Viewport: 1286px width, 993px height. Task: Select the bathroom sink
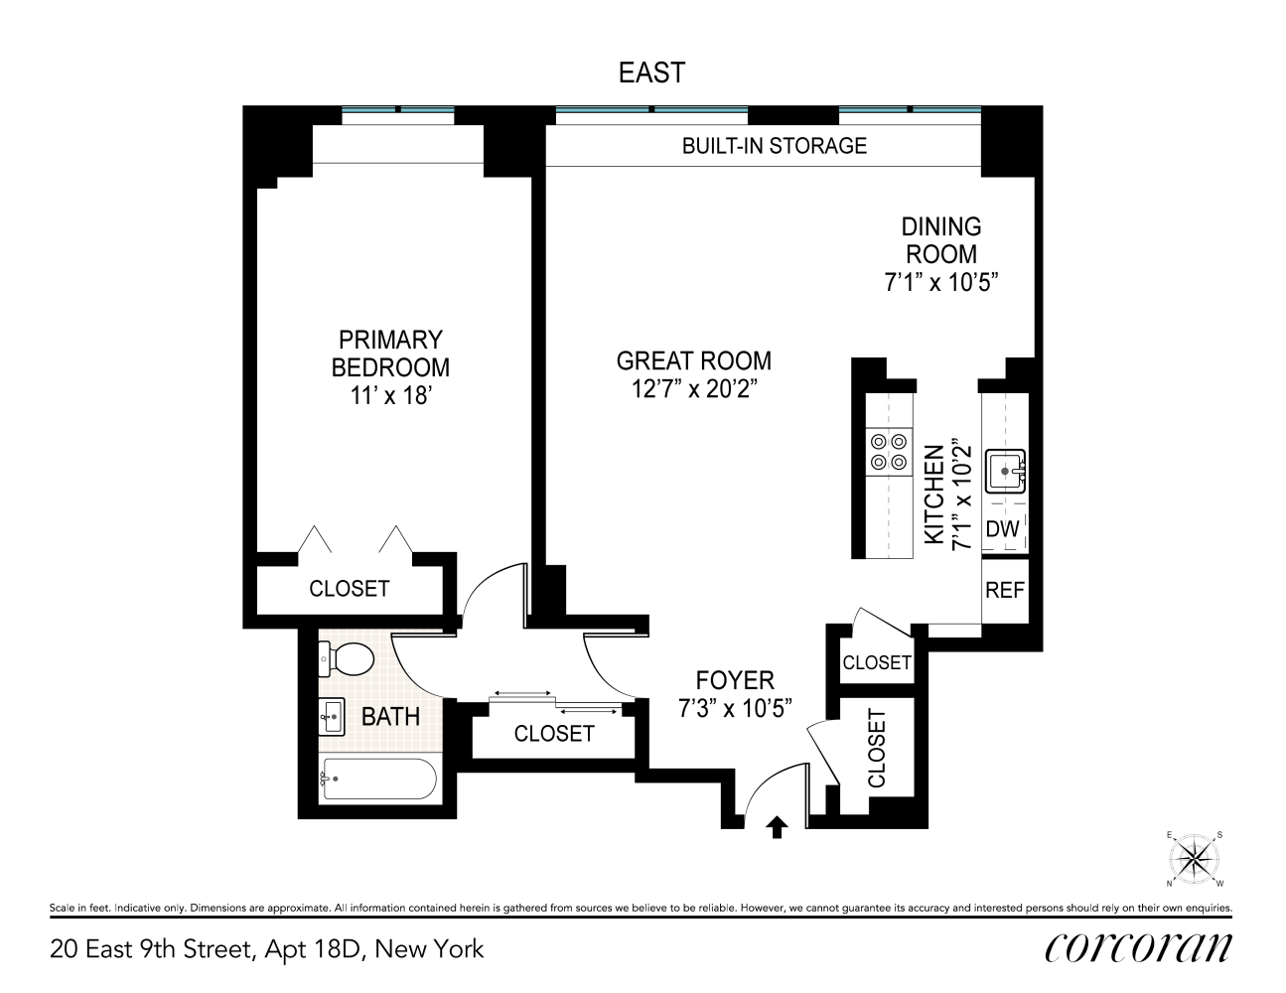(333, 715)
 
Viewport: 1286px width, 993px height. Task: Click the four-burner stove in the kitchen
(888, 450)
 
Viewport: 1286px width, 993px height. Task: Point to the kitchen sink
(1005, 471)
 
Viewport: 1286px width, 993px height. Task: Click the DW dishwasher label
(1003, 529)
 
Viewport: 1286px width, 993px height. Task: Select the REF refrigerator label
(1004, 590)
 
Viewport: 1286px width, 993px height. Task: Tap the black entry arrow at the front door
(778, 827)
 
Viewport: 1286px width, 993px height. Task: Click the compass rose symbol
(1195, 858)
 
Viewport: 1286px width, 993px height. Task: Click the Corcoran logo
(1138, 948)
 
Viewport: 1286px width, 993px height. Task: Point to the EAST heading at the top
(651, 72)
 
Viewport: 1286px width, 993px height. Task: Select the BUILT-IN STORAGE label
(774, 146)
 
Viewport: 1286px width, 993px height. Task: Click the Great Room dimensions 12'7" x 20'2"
(694, 389)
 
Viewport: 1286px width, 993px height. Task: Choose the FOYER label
(735, 680)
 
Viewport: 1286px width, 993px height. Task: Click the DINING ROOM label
(940, 239)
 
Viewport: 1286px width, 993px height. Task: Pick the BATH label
(390, 716)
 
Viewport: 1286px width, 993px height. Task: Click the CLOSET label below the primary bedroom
(350, 588)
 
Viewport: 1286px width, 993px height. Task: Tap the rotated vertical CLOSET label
(876, 748)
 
